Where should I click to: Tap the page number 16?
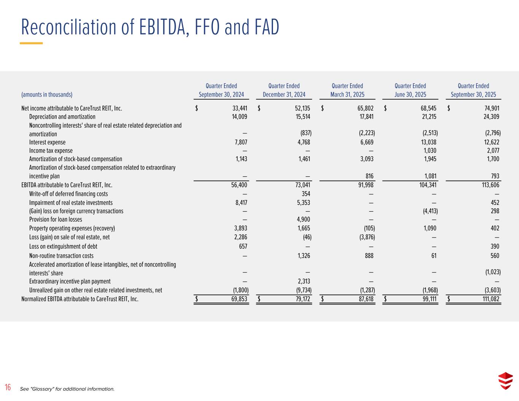(8, 388)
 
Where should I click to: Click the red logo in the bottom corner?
(505, 381)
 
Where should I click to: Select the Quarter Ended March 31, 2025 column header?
(347, 90)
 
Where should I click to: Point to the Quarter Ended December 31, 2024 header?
(284, 90)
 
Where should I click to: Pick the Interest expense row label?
(47, 142)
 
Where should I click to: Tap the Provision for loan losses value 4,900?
(303, 219)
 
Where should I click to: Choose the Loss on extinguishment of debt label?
(60, 246)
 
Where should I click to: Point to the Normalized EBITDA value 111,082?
(489, 299)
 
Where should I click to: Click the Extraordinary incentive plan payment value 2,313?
(303, 281)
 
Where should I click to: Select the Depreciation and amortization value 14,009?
(239, 117)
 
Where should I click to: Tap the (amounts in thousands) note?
(47, 95)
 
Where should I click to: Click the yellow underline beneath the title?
(31, 43)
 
